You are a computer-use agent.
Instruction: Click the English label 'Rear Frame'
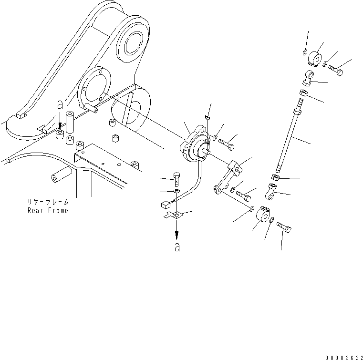tap(48, 210)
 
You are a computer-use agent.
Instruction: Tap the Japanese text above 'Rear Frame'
tap(48, 202)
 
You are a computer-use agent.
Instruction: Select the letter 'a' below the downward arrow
tap(177, 247)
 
